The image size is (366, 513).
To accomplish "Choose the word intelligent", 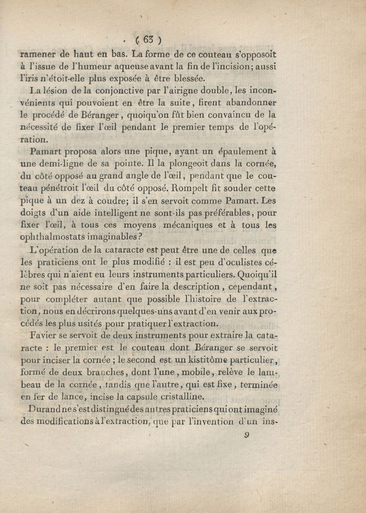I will point(111,213).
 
